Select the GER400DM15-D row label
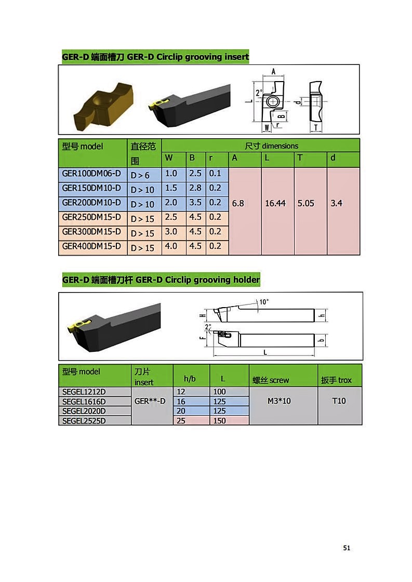pyautogui.click(x=91, y=246)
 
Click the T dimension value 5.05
pyautogui.click(x=306, y=203)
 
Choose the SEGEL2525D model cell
pyautogui.click(x=84, y=421)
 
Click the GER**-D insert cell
pyautogui.click(x=150, y=401)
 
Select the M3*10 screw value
pyautogui.click(x=279, y=401)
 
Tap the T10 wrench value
pyautogui.click(x=339, y=401)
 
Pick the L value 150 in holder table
pyautogui.click(x=219, y=421)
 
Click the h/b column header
pyautogui.click(x=190, y=379)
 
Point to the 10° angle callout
pyautogui.click(x=264, y=302)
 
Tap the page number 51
pyautogui.click(x=347, y=548)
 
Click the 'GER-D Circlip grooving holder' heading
pyautogui.click(x=198, y=280)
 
